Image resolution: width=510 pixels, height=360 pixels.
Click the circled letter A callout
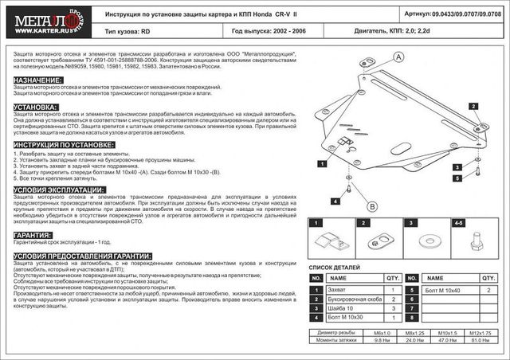tap(398, 56)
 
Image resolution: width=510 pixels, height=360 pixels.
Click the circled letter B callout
tap(371, 206)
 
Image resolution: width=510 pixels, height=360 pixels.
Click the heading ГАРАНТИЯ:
tap(33, 236)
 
